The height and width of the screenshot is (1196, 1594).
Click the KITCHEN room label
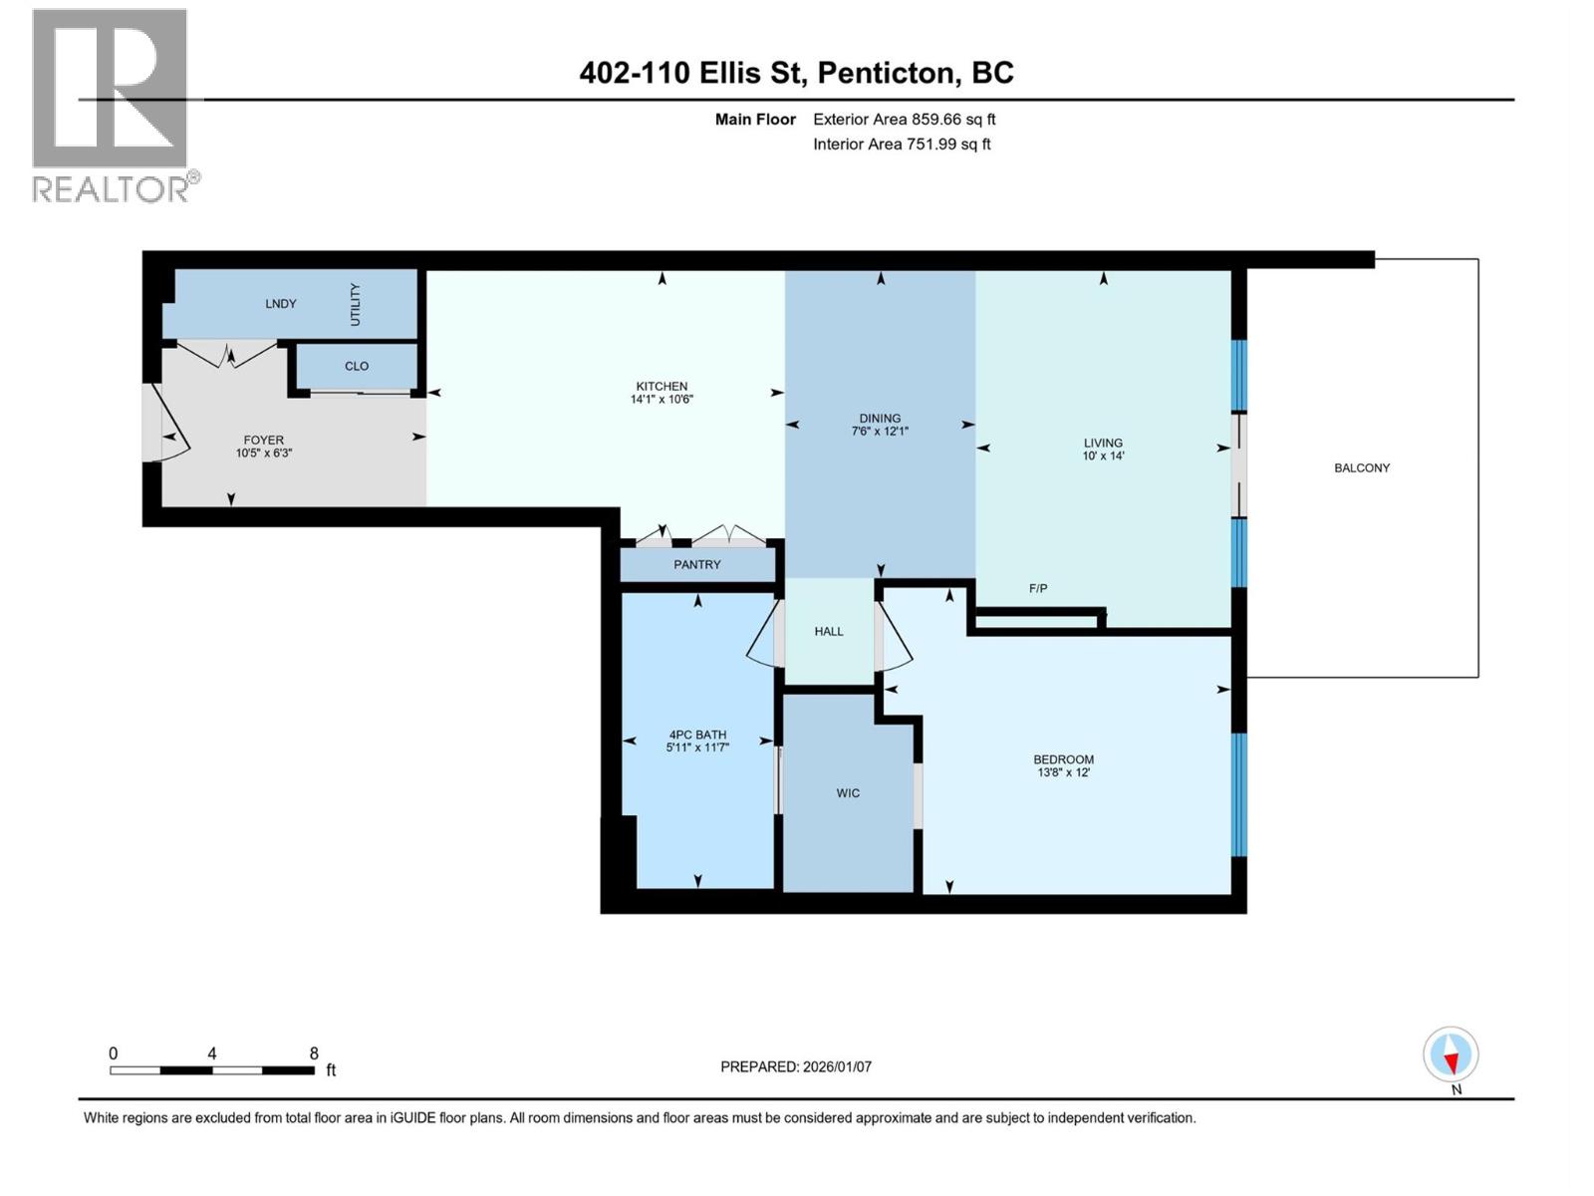662,387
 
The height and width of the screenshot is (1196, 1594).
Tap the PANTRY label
696,565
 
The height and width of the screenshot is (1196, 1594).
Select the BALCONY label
1361,468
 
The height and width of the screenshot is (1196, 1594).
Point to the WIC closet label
848,793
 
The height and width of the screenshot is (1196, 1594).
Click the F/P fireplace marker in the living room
1038,589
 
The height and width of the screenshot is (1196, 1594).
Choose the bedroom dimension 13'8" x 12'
1063,772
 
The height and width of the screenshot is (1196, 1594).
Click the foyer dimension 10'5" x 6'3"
263,452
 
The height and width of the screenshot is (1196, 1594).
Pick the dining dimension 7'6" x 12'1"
880,432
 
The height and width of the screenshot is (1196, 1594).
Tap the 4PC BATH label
697,735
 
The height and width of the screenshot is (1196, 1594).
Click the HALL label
828,632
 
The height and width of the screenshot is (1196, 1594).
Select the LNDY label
281,304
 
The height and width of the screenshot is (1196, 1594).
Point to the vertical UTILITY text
356,304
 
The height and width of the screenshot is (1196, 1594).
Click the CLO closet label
357,366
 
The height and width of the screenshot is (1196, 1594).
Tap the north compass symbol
1451,1055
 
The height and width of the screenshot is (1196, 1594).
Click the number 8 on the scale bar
314,1053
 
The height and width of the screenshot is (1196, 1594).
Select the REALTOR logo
112,105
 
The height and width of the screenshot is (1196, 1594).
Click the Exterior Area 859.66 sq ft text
904,120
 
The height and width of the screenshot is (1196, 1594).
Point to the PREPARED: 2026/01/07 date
795,1066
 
